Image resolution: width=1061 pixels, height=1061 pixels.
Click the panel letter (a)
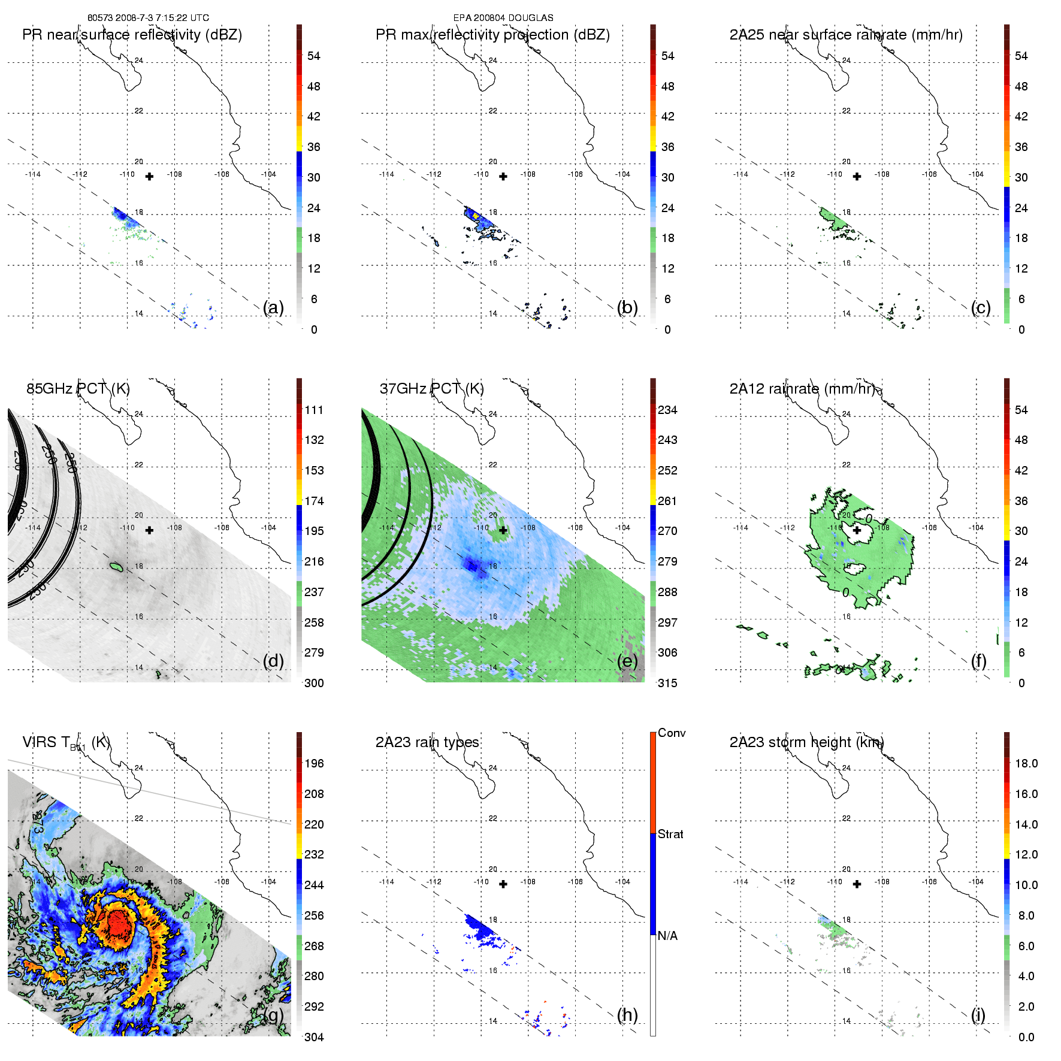(273, 307)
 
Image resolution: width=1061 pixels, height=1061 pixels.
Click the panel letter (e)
(627, 661)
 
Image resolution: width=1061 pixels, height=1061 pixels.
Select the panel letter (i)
(978, 1015)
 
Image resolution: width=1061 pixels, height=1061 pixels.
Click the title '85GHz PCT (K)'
(78, 388)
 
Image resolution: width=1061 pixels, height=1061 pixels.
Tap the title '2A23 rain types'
(427, 742)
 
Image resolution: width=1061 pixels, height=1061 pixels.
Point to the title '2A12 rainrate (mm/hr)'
(802, 388)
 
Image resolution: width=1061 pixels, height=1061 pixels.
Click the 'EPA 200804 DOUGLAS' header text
(503, 18)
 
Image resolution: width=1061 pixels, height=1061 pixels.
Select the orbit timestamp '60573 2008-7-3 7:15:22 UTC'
(148, 18)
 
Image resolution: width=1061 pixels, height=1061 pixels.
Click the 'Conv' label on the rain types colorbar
(672, 733)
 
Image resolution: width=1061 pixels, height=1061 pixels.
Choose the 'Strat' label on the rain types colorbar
(670, 834)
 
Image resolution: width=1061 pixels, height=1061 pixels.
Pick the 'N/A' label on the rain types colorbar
(667, 936)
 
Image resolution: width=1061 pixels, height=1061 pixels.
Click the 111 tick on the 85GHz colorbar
(314, 410)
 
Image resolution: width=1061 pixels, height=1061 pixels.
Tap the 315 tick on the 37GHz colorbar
(667, 683)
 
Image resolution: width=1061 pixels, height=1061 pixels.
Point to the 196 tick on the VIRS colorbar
(314, 763)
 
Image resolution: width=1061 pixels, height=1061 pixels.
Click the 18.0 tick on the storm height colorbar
(1026, 763)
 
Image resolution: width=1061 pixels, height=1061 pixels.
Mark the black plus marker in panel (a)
(150, 176)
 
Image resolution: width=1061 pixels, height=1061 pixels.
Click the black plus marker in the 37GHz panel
(503, 530)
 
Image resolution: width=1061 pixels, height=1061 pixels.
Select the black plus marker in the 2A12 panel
(857, 530)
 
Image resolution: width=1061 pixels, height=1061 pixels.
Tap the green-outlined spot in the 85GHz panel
(116, 566)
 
